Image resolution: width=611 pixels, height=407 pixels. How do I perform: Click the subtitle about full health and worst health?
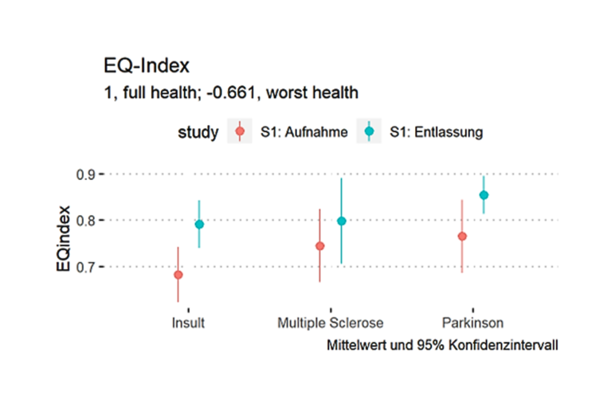230,92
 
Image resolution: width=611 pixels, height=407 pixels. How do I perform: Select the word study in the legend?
198,132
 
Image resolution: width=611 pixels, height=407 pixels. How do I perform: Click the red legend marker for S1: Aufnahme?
240,132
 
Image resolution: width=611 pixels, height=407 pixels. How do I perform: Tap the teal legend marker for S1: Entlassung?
369,132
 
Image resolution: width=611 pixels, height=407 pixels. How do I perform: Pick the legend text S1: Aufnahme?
304,133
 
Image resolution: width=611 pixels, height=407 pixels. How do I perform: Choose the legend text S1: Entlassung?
436,133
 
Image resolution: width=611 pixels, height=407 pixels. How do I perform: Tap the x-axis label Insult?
188,323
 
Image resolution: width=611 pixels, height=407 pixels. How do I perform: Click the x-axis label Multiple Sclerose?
330,323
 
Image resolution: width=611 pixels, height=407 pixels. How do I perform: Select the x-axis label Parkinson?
472,323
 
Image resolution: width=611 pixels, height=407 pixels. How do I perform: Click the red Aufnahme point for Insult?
178,275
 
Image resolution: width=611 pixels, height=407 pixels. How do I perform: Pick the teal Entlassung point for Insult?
199,225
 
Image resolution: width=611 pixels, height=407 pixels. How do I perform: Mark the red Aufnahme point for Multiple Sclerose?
320,246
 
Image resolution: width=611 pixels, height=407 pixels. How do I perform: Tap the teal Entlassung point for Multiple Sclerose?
341,221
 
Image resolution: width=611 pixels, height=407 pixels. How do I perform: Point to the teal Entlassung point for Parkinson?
483,195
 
